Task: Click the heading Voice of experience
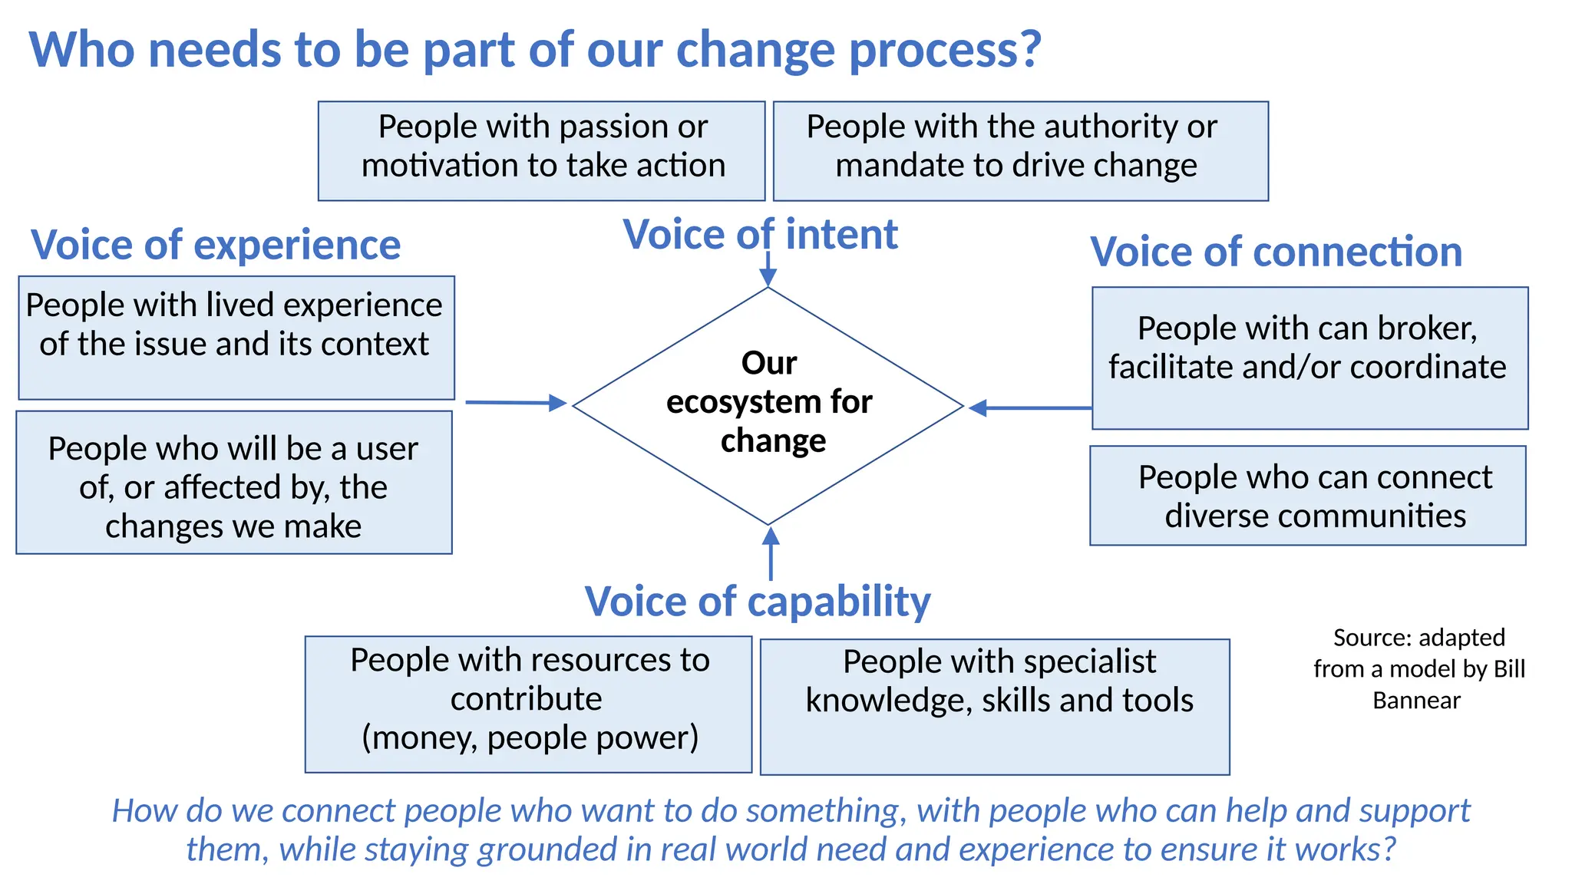point(216,246)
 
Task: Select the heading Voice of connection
point(1276,252)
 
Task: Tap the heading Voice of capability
point(758,601)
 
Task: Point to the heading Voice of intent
point(760,234)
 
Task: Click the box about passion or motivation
point(542,150)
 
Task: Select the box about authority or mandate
point(1020,150)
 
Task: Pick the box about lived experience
point(236,338)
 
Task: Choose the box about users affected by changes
point(234,483)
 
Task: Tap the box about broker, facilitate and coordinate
point(1309,358)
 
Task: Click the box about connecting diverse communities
point(1308,496)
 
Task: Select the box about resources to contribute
point(528,704)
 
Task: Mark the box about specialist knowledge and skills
point(995,706)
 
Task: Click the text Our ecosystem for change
point(769,402)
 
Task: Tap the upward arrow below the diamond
point(771,552)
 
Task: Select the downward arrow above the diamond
point(768,269)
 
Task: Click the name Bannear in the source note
point(1416,701)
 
